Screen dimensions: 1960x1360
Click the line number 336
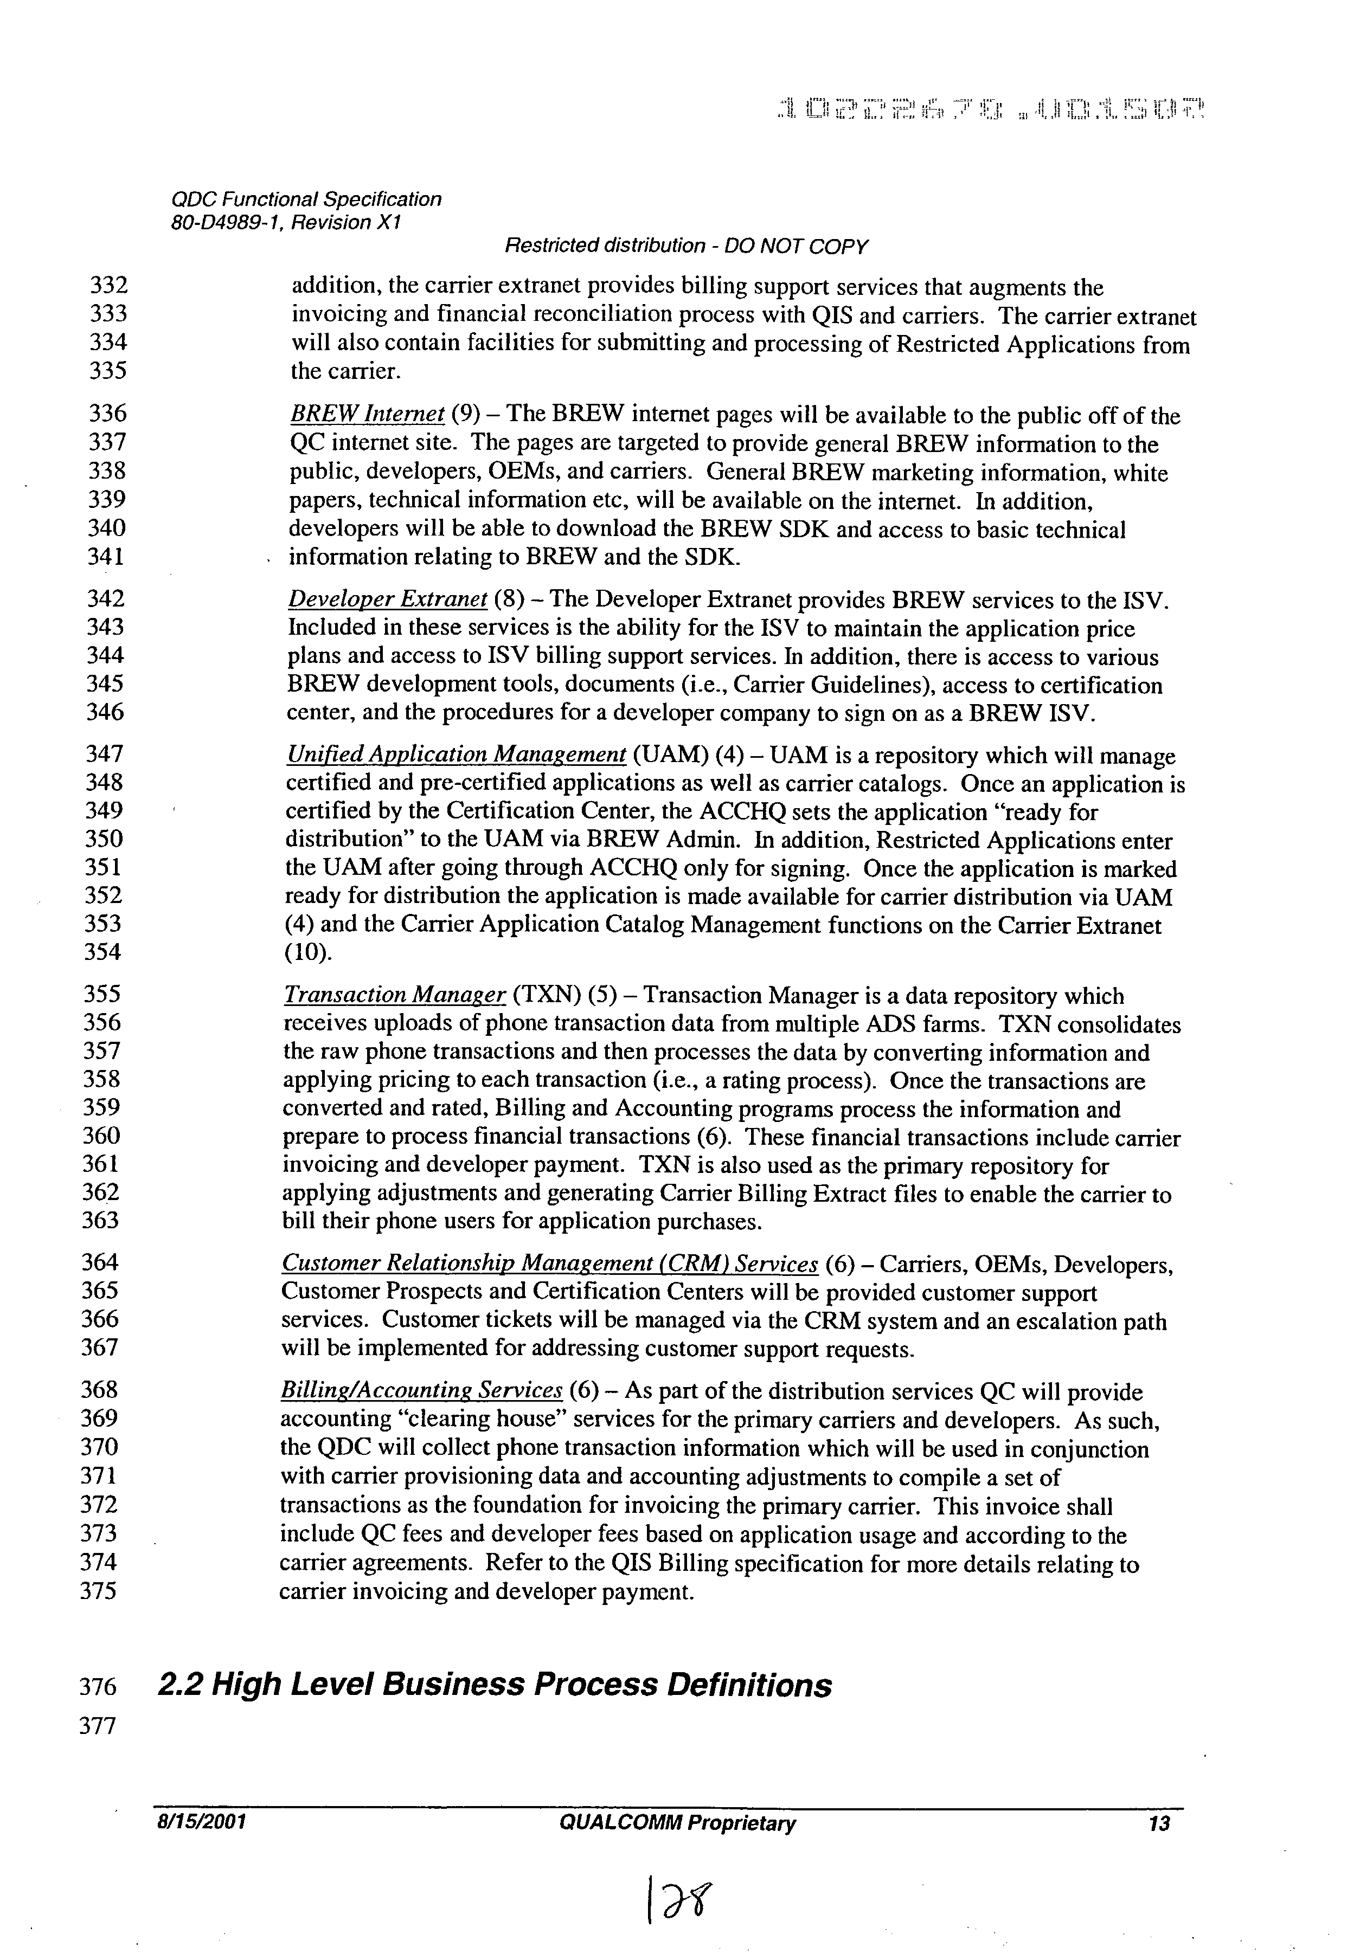pyautogui.click(x=107, y=414)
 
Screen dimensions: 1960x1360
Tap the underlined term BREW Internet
pyautogui.click(x=367, y=415)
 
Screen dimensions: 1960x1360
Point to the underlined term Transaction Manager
pyautogui.click(x=395, y=995)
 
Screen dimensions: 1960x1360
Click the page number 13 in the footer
pyautogui.click(x=1159, y=1824)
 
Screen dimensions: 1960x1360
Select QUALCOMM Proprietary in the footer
pyautogui.click(x=677, y=1824)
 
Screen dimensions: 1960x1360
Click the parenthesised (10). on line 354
pyautogui.click(x=307, y=952)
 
